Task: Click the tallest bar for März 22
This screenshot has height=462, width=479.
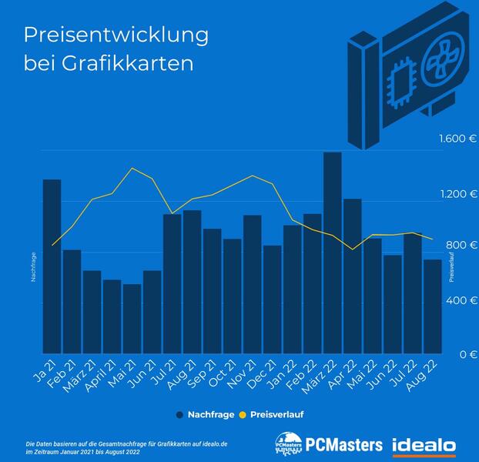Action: point(332,254)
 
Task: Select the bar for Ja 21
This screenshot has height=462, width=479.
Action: point(52,267)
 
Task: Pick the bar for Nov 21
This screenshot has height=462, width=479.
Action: point(252,285)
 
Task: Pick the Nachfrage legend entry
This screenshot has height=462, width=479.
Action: point(206,413)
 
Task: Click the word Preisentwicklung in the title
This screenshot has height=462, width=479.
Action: point(116,35)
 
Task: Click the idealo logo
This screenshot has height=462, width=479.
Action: point(424,445)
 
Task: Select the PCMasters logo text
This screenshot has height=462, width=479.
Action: point(345,445)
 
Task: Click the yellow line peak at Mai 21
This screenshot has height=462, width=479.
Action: point(132,168)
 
